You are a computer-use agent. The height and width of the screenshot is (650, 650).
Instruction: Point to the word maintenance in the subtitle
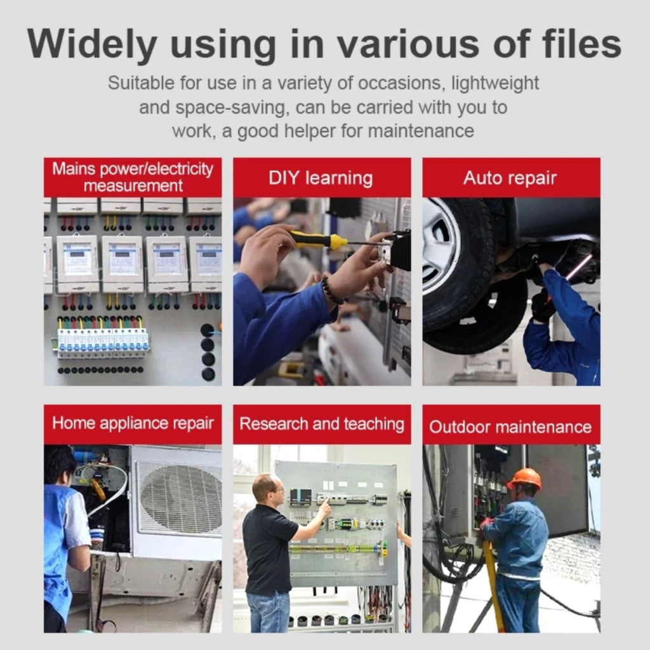pos(421,131)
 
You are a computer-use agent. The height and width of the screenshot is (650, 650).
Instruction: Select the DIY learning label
pos(321,178)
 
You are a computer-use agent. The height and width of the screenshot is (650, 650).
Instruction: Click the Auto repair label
pos(510,178)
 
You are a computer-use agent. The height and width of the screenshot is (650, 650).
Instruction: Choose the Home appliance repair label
pos(133,423)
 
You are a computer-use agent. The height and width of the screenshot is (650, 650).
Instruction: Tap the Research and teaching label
pos(322,424)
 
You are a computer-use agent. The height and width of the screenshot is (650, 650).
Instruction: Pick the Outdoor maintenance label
pos(510,427)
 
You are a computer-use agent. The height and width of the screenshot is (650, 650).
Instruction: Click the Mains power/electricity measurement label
pos(133,177)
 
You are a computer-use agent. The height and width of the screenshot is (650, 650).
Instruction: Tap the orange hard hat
pos(525,479)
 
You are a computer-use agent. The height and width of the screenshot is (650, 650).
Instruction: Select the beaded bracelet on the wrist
pos(333,289)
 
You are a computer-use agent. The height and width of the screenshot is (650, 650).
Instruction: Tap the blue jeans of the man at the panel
pos(268,612)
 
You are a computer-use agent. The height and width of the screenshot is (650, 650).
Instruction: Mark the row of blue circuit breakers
pos(103,343)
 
